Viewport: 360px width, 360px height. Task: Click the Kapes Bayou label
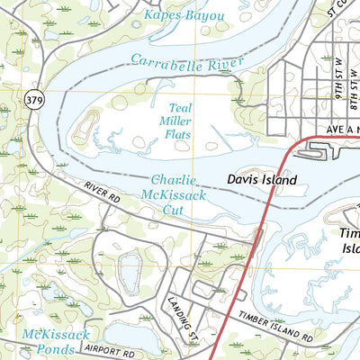(x=184, y=17)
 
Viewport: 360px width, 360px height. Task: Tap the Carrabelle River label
(x=187, y=61)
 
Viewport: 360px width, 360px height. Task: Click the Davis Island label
(x=261, y=180)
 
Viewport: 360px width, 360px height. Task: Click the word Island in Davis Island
(x=278, y=180)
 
